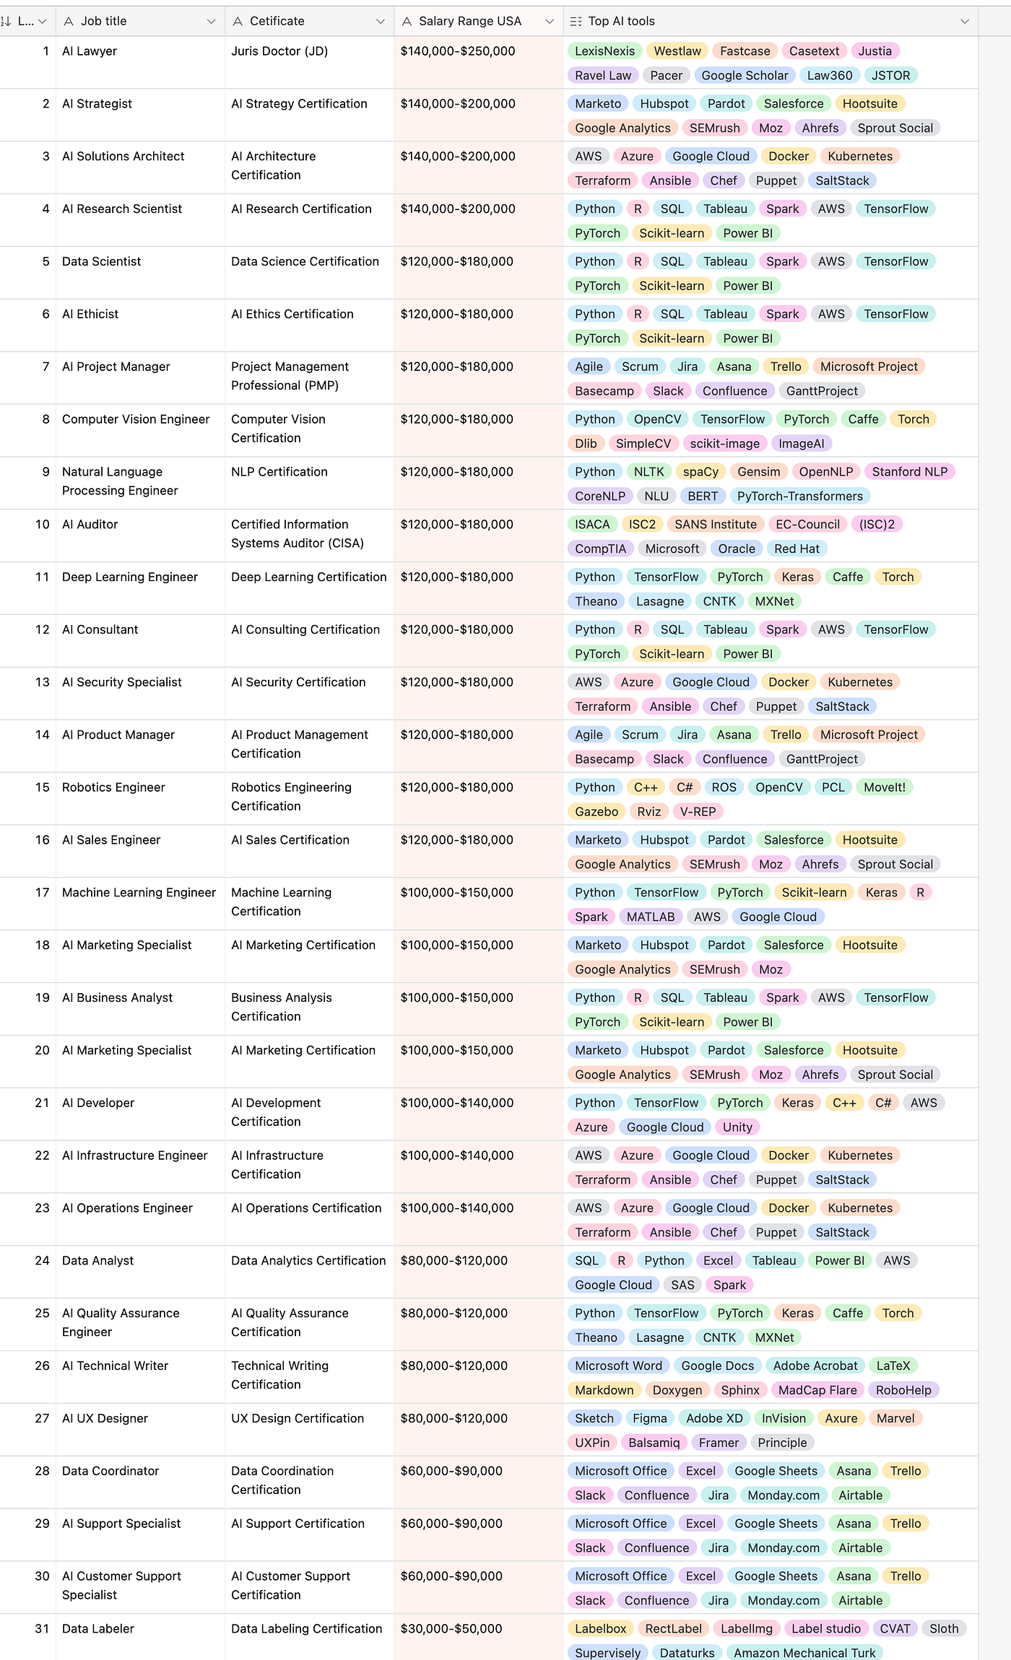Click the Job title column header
[103, 22]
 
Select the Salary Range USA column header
[469, 22]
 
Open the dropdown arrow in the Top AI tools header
[964, 22]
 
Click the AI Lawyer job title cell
[90, 51]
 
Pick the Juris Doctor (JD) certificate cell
[279, 51]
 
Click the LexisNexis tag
[604, 51]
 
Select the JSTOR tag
[890, 76]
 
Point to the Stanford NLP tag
[909, 472]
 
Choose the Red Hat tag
[797, 549]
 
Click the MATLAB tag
[650, 917]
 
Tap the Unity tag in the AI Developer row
[737, 1127]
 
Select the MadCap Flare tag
[817, 1390]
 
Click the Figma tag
[649, 1419]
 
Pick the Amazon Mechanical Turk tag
[804, 1653]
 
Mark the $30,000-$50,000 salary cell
[451, 1629]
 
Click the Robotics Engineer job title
[113, 787]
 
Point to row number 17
[42, 893]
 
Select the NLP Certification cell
[279, 472]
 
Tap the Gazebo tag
[596, 812]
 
